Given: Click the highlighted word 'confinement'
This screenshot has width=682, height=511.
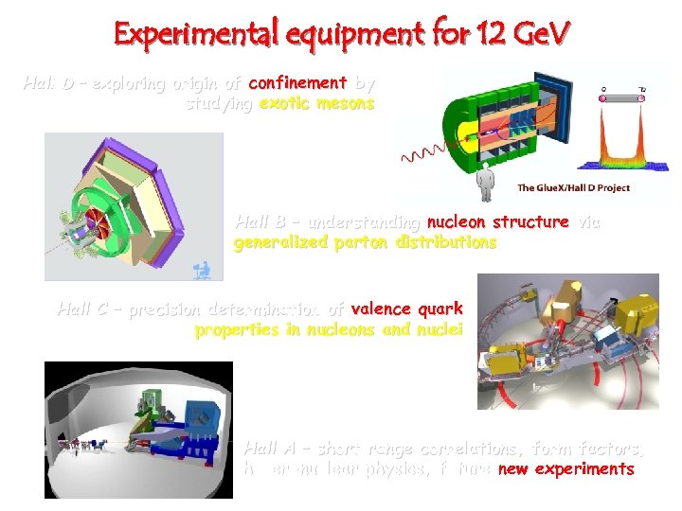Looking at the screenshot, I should coord(297,83).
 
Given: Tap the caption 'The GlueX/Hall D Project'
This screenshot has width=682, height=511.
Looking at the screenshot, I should coord(573,187).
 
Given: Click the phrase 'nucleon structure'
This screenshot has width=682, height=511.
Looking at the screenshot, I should coord(498,222).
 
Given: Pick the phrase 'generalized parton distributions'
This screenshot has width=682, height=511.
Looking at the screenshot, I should coord(365,242).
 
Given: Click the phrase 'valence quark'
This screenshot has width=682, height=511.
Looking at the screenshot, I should coord(406,308).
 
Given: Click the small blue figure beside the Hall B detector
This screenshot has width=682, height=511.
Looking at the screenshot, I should coord(201,270).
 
